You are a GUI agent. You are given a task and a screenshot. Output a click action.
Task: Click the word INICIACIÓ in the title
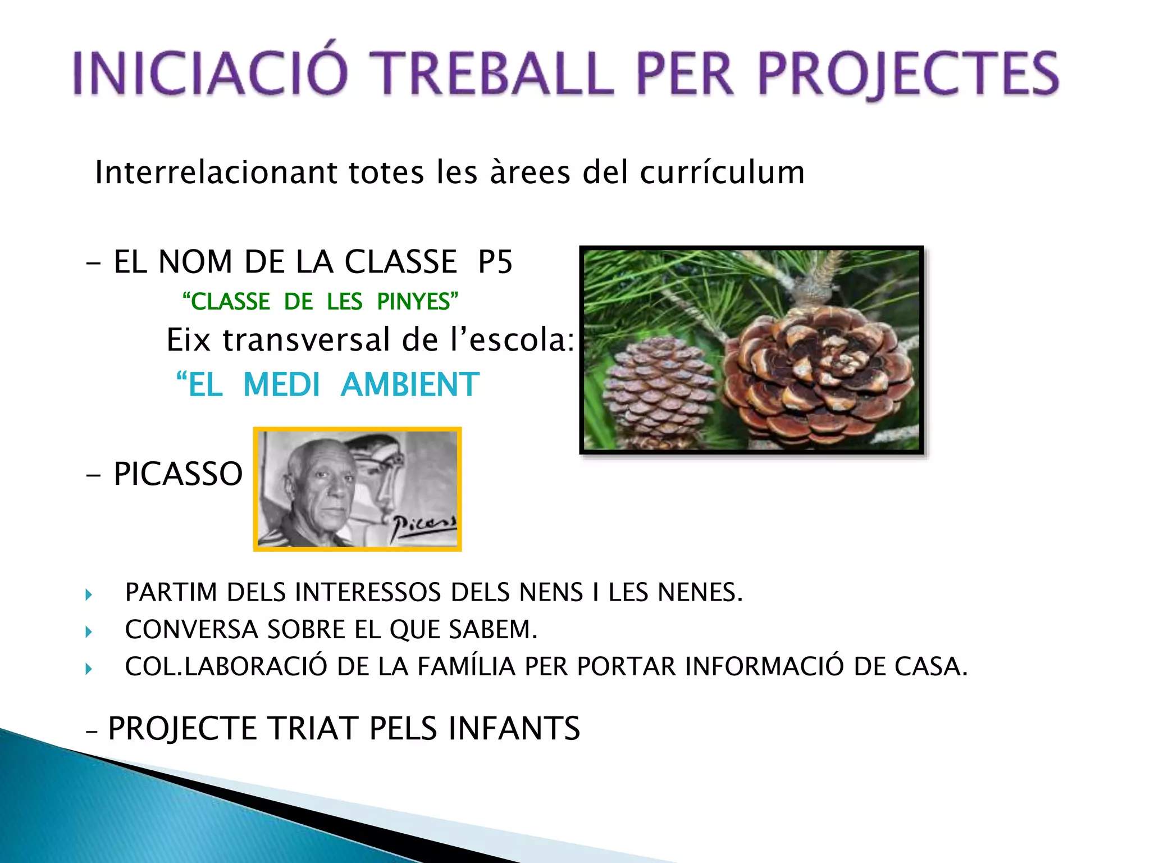211,73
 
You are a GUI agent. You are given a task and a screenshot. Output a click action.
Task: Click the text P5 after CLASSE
495,262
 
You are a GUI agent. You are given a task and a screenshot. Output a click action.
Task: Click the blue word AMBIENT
410,385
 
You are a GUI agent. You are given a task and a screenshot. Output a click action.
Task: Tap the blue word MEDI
281,385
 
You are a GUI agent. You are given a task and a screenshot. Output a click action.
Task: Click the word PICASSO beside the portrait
178,474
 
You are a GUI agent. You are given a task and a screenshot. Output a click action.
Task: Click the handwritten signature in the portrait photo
424,525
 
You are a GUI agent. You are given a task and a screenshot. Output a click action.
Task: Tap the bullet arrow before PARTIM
89,594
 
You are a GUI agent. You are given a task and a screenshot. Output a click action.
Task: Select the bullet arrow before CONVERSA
89,632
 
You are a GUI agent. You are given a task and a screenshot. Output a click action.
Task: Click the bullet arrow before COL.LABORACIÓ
89,669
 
